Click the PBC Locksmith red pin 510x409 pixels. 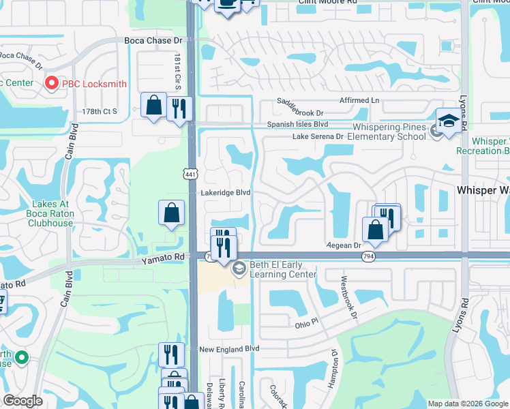coord(51,83)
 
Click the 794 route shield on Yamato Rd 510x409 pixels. coord(369,256)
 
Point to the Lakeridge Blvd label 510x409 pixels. coord(225,193)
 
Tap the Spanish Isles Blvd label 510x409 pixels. coord(297,125)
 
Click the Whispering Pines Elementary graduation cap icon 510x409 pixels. coord(449,122)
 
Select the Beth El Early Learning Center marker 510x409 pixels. coord(239,269)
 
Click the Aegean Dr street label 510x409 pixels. coord(344,245)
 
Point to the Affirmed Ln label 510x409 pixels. coord(356,100)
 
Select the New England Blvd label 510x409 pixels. coord(230,349)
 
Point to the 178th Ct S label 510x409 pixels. coord(100,110)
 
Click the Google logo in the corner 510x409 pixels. coord(22,401)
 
